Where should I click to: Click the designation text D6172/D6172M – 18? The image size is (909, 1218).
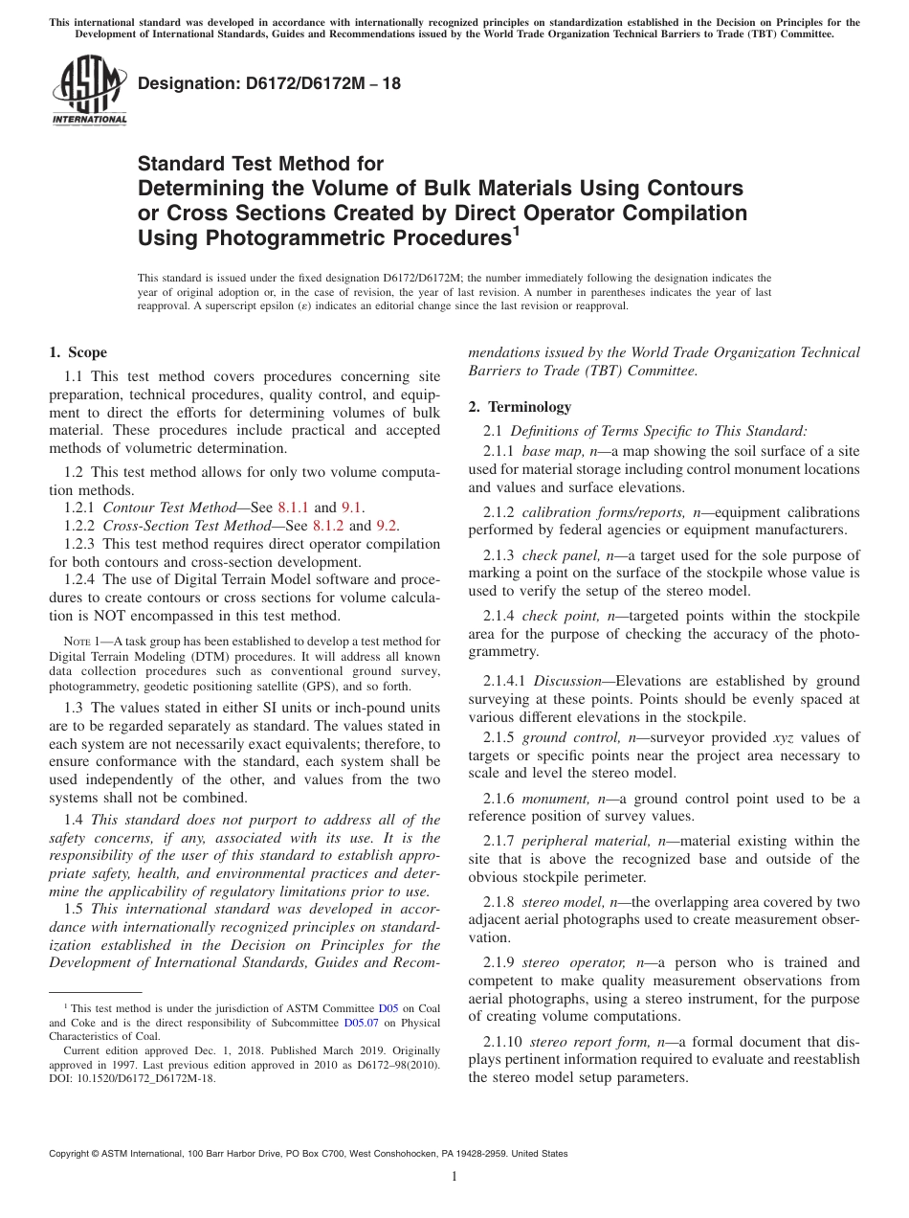[x=270, y=83]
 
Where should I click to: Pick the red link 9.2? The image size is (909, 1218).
[x=388, y=526]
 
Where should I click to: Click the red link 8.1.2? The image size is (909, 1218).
[x=328, y=526]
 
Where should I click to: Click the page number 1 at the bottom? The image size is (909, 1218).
[x=454, y=1177]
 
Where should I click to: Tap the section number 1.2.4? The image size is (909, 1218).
[x=81, y=579]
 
